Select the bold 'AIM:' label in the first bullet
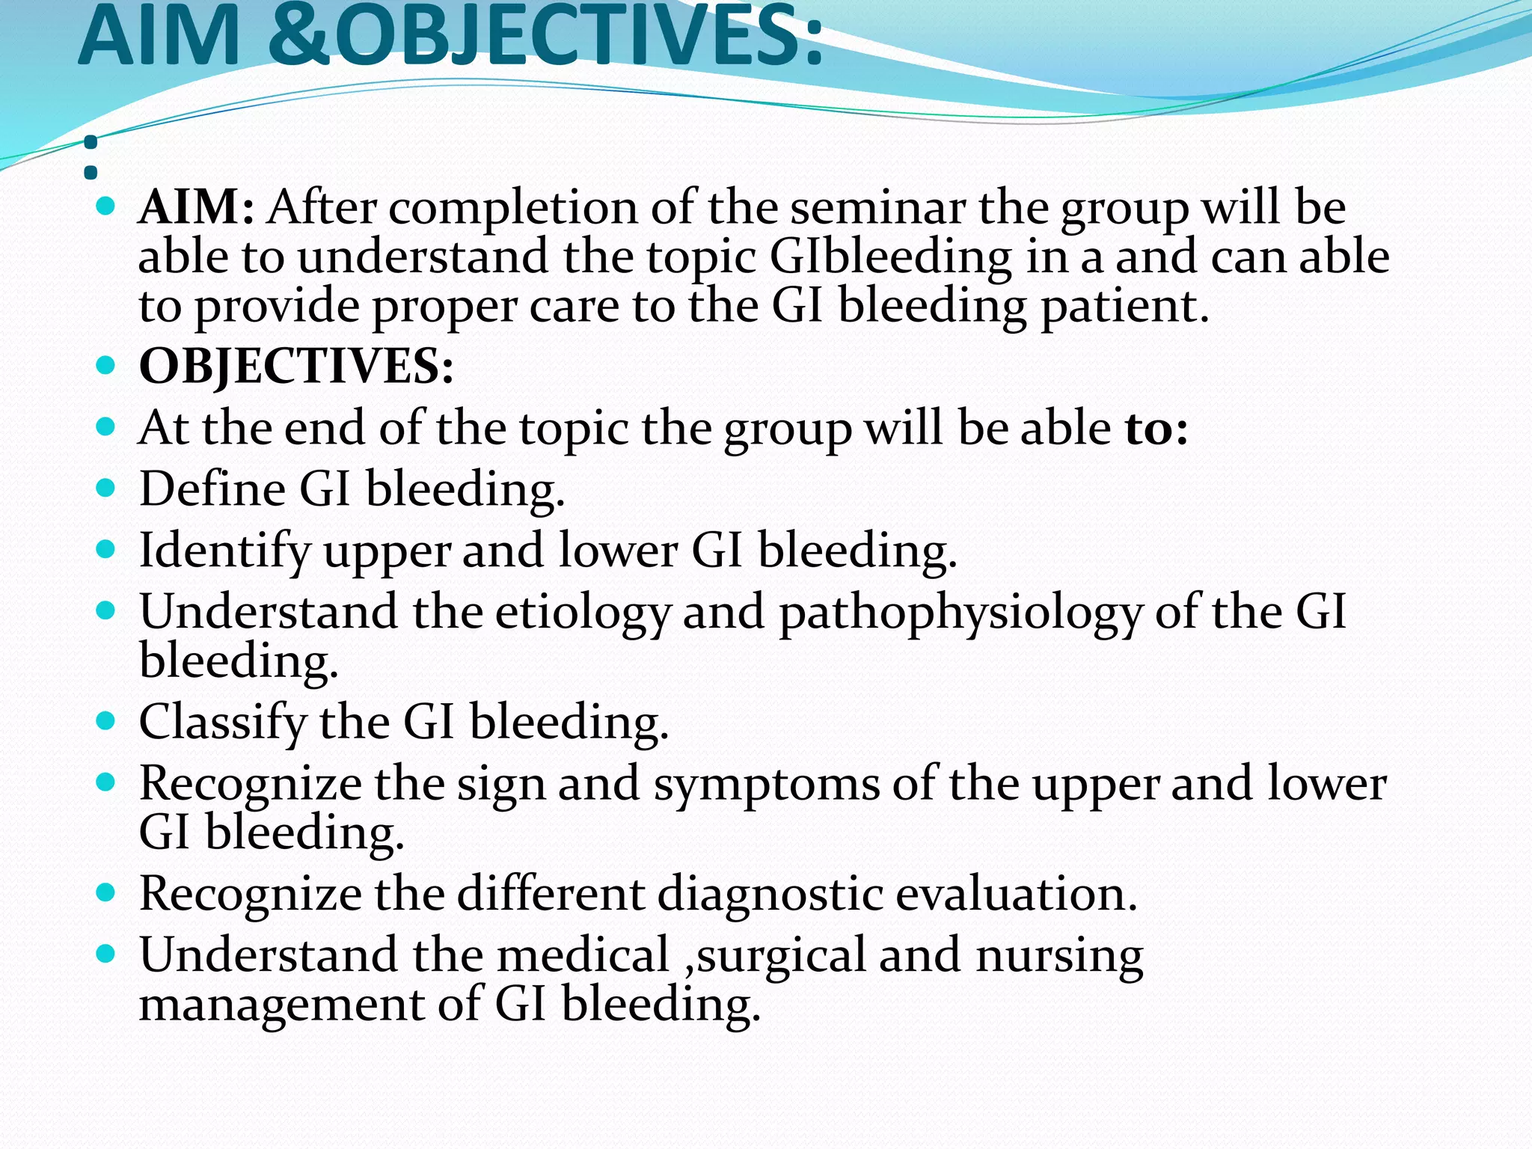click(197, 207)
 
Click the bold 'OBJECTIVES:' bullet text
click(296, 367)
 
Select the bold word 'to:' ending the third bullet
click(1156, 429)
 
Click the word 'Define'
click(212, 490)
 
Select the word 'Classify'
click(223, 723)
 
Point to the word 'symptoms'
click(767, 785)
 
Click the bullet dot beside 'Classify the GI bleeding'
click(106, 722)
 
